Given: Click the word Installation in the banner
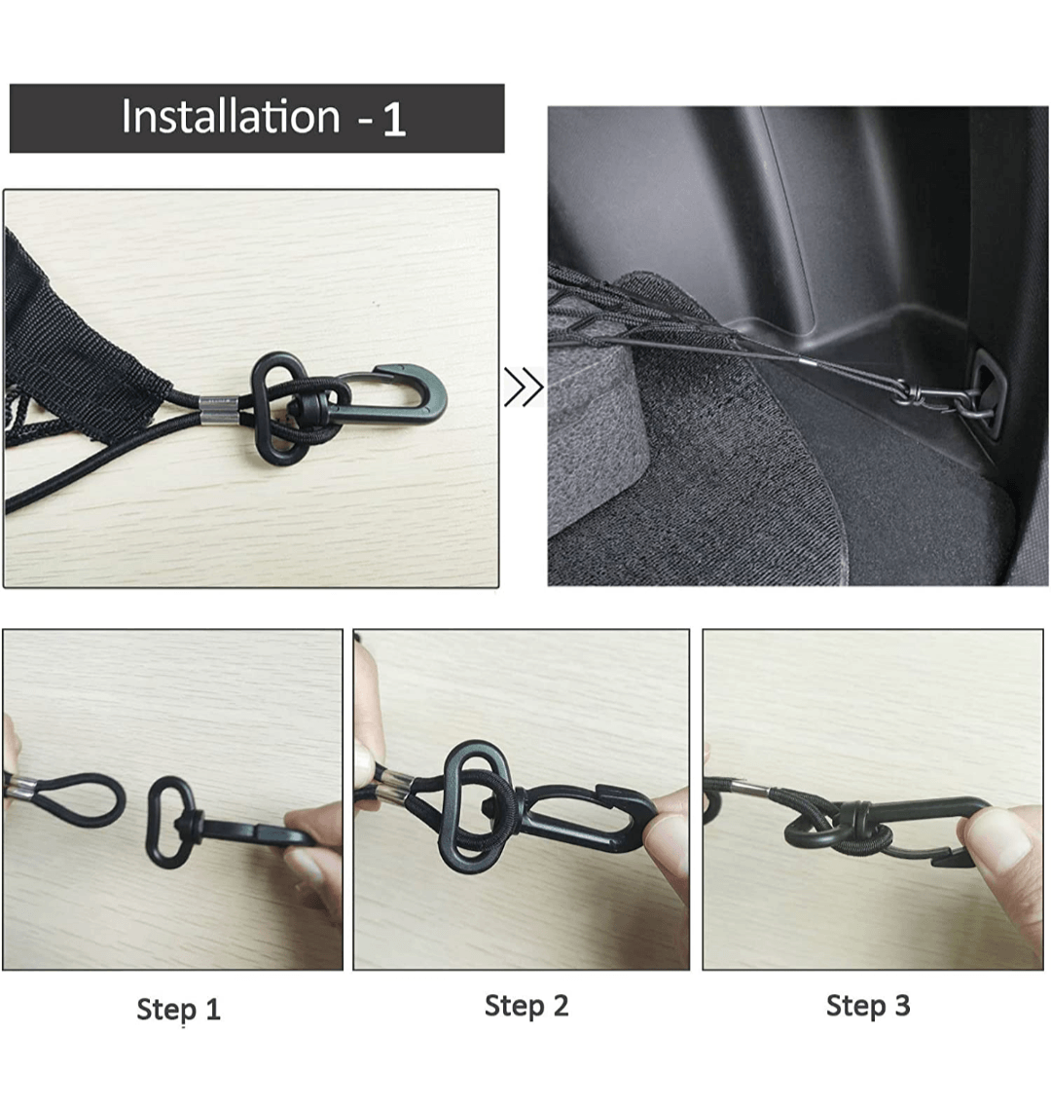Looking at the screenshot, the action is click(x=231, y=116).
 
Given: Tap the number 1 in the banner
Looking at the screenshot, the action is click(x=394, y=120).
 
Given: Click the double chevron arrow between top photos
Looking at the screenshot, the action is click(x=524, y=387).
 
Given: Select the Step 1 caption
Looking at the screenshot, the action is click(x=178, y=1010).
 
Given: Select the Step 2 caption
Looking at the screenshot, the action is click(x=526, y=1006).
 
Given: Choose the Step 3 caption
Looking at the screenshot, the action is click(x=868, y=1006).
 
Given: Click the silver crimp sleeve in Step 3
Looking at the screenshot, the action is click(x=749, y=789).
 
